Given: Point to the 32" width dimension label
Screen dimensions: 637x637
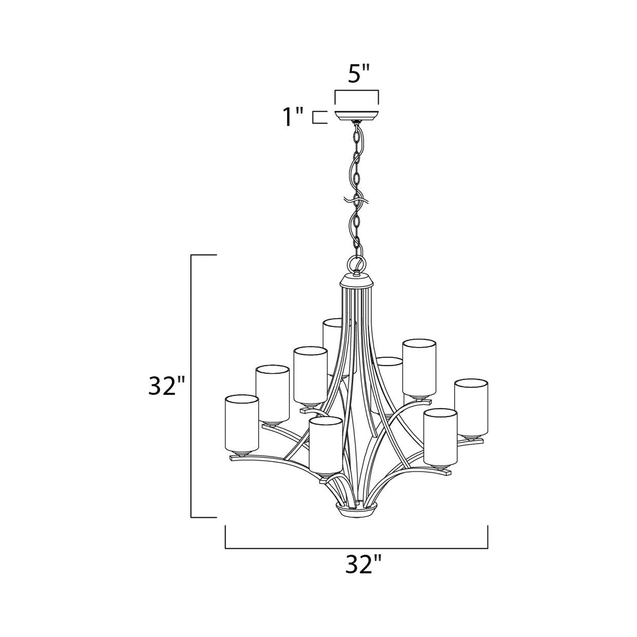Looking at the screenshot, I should pos(362,565).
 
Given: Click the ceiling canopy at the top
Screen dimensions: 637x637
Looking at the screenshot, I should pos(356,114).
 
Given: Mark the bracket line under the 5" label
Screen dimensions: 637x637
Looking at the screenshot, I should pos(356,91).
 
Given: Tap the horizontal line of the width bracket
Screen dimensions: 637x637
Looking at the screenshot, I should pos(356,548).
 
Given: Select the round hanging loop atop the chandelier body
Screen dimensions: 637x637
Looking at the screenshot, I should pos(356,264).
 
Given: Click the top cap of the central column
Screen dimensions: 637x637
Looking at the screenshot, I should pos(356,280).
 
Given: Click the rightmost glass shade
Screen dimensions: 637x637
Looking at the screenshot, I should pos(471,408).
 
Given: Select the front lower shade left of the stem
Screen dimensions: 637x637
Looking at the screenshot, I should pos(325,446).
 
